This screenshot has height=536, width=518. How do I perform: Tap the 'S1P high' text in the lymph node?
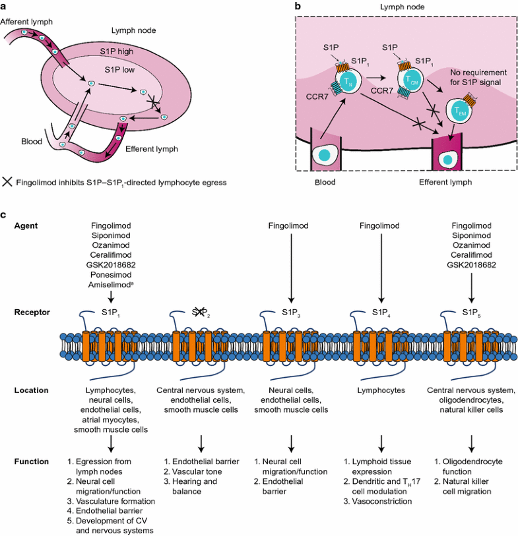[126, 51]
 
